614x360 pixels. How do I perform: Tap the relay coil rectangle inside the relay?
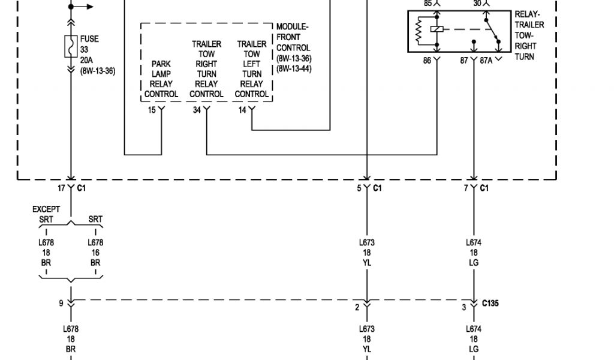(x=440, y=28)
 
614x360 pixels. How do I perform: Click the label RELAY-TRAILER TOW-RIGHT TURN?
(x=529, y=35)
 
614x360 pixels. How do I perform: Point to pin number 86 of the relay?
(x=427, y=61)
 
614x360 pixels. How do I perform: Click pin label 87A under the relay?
(x=486, y=61)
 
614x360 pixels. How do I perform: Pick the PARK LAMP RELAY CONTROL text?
(x=161, y=79)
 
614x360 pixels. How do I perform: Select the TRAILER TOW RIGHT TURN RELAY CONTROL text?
(x=206, y=69)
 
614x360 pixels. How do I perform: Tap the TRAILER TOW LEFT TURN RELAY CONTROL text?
(x=251, y=69)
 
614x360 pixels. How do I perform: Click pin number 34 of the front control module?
(x=197, y=110)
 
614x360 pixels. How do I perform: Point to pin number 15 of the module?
(x=152, y=110)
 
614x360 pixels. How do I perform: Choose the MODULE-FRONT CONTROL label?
(x=293, y=48)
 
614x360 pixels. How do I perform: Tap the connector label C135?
(x=490, y=304)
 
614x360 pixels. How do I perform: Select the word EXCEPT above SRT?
(x=46, y=209)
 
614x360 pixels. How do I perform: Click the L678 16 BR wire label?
(x=96, y=253)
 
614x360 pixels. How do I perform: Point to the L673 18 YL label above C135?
(x=366, y=253)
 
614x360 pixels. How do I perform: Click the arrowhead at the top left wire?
(x=91, y=7)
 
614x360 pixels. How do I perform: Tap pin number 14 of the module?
(x=242, y=110)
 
